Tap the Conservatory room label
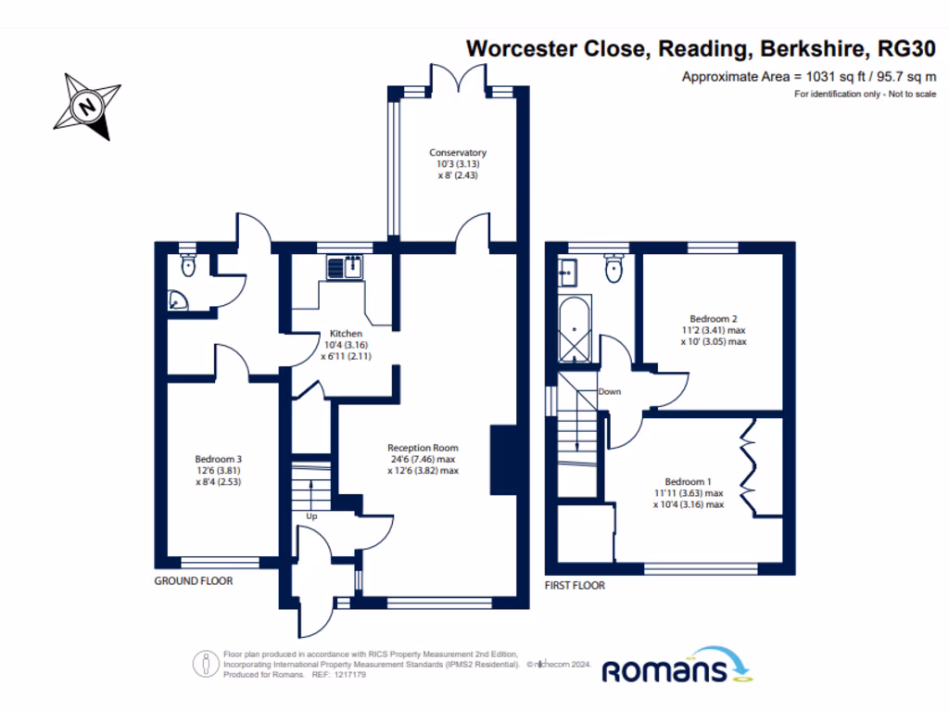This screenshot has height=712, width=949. (x=457, y=164)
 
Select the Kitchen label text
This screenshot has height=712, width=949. (x=346, y=344)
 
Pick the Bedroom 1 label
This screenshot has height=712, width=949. (x=688, y=493)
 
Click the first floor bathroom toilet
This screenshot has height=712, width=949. (x=613, y=269)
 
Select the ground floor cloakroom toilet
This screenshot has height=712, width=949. (x=189, y=266)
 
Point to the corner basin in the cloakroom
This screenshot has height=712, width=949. (x=175, y=300)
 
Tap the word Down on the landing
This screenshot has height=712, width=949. (x=609, y=391)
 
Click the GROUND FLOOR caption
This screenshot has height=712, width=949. (x=193, y=581)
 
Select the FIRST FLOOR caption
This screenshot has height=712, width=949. (x=575, y=586)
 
